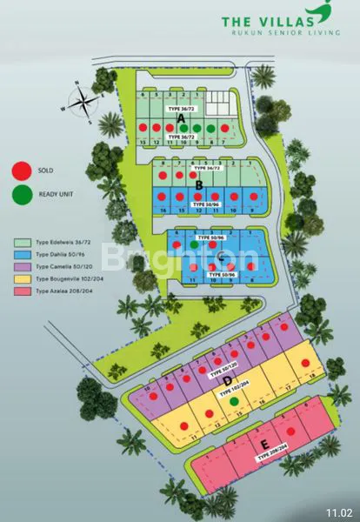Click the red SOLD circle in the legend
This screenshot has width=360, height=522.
click(21, 171)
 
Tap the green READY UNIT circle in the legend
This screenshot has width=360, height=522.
click(21, 196)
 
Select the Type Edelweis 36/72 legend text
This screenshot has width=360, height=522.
click(64, 244)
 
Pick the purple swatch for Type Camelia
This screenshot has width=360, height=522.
click(21, 267)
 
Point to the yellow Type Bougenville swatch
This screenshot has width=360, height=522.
click(21, 278)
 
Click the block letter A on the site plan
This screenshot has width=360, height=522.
click(180, 117)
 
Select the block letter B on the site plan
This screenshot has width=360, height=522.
click(199, 184)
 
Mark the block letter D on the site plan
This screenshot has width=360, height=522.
click(227, 380)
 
